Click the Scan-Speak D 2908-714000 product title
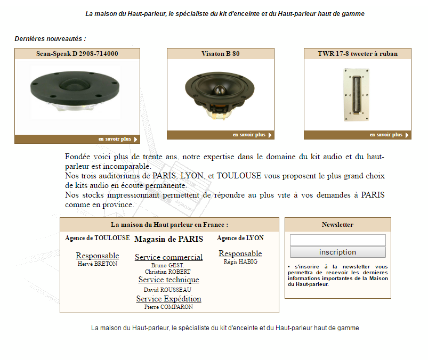[x=77, y=54]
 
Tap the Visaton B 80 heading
[x=220, y=54]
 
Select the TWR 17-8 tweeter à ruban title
[x=357, y=54]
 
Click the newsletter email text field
[x=337, y=240]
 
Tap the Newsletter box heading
[x=337, y=225]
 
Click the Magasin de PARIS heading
[x=168, y=239]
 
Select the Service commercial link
[x=168, y=257]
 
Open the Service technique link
[x=168, y=280]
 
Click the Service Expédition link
[x=168, y=299]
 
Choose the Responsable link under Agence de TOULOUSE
[x=97, y=256]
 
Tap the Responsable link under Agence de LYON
[x=240, y=253]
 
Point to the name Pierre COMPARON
[x=168, y=307]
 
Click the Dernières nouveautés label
[x=50, y=39]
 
